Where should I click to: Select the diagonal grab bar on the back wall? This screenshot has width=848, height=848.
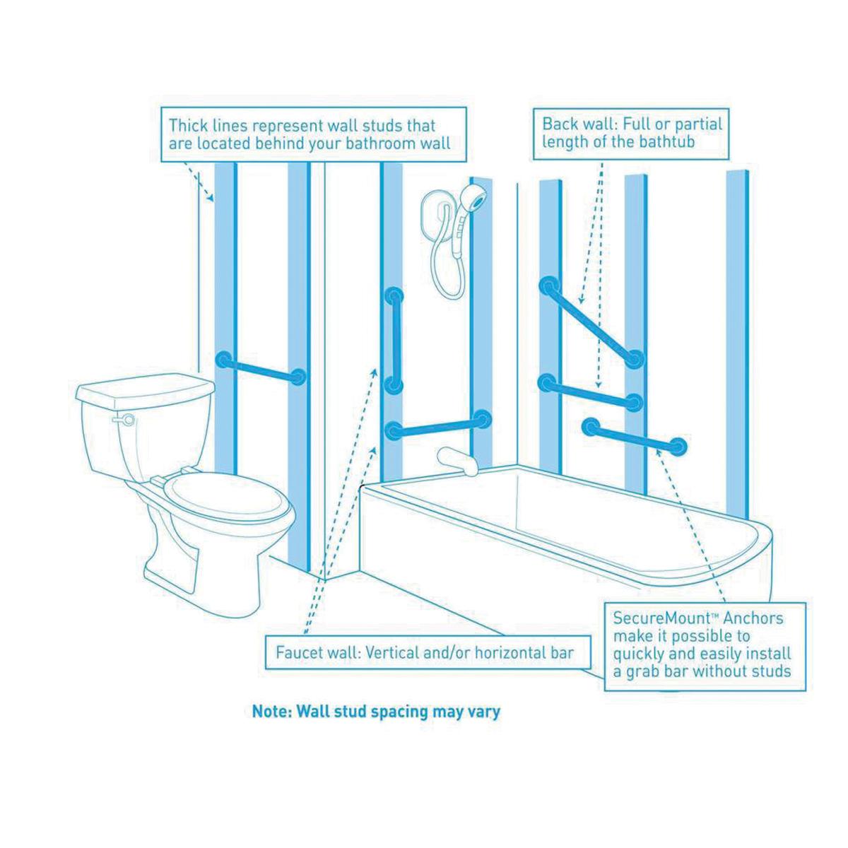click(592, 322)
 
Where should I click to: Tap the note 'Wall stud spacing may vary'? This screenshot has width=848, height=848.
click(376, 710)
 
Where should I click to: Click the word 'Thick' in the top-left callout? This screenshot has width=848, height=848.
click(187, 126)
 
